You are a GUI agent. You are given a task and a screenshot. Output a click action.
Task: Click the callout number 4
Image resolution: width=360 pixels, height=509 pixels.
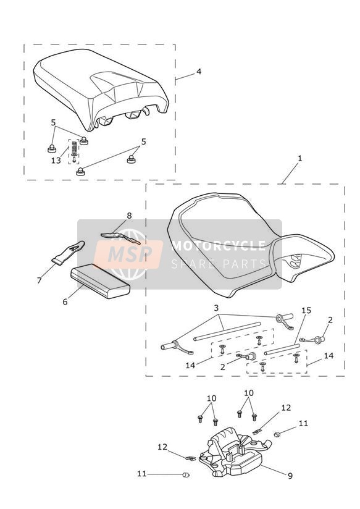click(x=199, y=71)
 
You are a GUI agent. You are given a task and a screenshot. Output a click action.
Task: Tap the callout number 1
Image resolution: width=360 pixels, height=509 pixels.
click(x=300, y=158)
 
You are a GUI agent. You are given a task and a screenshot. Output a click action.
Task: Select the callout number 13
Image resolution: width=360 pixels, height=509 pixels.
click(x=56, y=161)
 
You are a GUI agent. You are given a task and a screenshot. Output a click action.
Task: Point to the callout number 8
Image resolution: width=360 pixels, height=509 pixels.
click(x=130, y=216)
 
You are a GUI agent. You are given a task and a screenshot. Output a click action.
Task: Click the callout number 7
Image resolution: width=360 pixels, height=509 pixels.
click(x=40, y=280)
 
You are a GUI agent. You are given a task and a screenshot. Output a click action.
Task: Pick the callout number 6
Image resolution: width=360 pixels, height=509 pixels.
click(x=65, y=301)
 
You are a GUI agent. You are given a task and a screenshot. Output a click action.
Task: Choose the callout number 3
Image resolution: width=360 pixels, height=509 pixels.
click(x=216, y=308)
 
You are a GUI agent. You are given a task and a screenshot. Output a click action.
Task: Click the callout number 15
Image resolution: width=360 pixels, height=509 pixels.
click(x=306, y=310)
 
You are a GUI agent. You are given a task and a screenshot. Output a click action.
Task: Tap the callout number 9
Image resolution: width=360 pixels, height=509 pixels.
click(x=290, y=476)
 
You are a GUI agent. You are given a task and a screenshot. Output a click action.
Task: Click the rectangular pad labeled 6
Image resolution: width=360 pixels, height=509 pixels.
click(x=100, y=281)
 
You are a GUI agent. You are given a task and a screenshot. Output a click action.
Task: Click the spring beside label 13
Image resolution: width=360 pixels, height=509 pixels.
click(x=74, y=146)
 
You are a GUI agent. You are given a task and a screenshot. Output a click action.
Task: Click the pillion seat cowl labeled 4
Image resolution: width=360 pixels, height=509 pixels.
click(x=101, y=88)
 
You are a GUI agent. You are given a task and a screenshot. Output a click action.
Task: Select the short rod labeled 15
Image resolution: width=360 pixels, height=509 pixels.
click(x=282, y=349)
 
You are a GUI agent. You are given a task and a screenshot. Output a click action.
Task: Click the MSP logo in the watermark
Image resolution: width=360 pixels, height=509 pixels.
click(x=128, y=254)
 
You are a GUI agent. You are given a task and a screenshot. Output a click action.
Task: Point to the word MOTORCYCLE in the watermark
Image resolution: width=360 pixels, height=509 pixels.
click(x=219, y=246)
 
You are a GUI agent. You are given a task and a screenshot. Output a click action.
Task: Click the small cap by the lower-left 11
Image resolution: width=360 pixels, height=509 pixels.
click(x=186, y=475)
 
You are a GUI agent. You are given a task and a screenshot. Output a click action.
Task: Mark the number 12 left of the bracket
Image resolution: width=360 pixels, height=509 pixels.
click(x=162, y=447)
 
